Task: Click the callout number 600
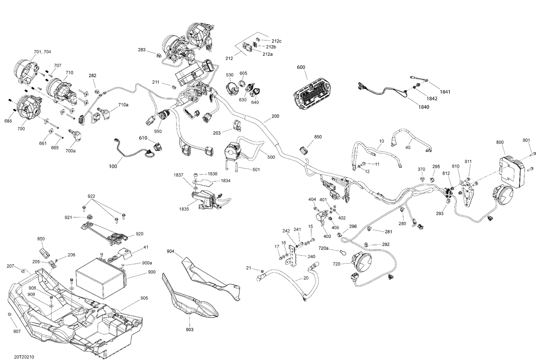pos(301,67)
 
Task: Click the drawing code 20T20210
pos(24,357)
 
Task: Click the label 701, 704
pos(42,52)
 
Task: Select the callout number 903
pos(189,329)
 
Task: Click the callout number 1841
pos(445,92)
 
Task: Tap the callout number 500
pos(271,157)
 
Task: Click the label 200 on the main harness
pos(275,116)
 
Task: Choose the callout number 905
pos(144,298)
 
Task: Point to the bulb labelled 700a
pos(76,136)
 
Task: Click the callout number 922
pos(91,196)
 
